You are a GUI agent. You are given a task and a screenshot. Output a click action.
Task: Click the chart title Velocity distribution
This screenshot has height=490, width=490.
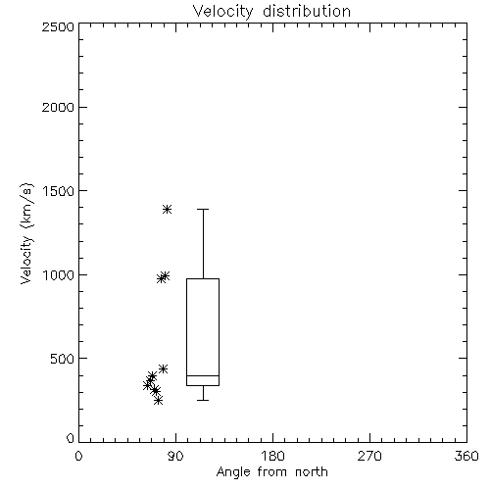pyautogui.click(x=271, y=12)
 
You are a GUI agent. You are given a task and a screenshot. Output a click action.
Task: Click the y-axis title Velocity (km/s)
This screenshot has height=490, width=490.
pyautogui.click(x=26, y=233)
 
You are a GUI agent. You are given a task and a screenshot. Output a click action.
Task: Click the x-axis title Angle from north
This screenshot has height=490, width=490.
pyautogui.click(x=271, y=472)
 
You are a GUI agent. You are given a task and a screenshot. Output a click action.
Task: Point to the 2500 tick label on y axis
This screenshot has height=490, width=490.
pyautogui.click(x=58, y=26)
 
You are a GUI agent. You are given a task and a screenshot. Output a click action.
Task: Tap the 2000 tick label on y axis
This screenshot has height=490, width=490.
pyautogui.click(x=58, y=107)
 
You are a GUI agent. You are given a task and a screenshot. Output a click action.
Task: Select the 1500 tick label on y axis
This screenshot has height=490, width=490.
pyautogui.click(x=59, y=191)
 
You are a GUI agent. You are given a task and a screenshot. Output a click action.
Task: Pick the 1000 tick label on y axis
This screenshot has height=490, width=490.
pyautogui.click(x=59, y=275)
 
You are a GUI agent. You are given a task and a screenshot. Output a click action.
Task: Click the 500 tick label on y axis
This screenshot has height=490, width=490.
pyautogui.click(x=63, y=359)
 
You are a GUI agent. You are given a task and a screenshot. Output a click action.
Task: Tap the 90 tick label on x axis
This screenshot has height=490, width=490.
pyautogui.click(x=175, y=456)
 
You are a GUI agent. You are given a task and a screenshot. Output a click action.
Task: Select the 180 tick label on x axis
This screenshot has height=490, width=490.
pyautogui.click(x=272, y=456)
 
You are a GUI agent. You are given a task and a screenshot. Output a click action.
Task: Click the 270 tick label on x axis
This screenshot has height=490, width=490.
pyautogui.click(x=369, y=456)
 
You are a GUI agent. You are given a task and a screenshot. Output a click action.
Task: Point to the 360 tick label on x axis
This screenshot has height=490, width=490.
pyautogui.click(x=466, y=456)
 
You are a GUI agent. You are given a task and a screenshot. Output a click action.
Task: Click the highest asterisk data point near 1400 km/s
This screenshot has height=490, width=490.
pyautogui.click(x=167, y=209)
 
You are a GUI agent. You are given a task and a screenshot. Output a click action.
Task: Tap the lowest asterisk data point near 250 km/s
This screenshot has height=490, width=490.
pyautogui.click(x=158, y=400)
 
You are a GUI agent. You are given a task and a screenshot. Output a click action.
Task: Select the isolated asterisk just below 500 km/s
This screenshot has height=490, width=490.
pyautogui.click(x=163, y=368)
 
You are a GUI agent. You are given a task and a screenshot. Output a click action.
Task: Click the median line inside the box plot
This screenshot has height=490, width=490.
pyautogui.click(x=203, y=375)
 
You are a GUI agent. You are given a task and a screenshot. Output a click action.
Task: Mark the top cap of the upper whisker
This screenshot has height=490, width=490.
pyautogui.click(x=203, y=209)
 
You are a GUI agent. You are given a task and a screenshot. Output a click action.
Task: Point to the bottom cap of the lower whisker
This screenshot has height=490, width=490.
pyautogui.click(x=203, y=400)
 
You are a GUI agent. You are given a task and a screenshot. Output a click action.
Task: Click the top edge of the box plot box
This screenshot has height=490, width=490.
pyautogui.click(x=203, y=278)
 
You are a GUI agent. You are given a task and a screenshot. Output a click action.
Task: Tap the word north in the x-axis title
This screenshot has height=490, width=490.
pyautogui.click(x=312, y=472)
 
